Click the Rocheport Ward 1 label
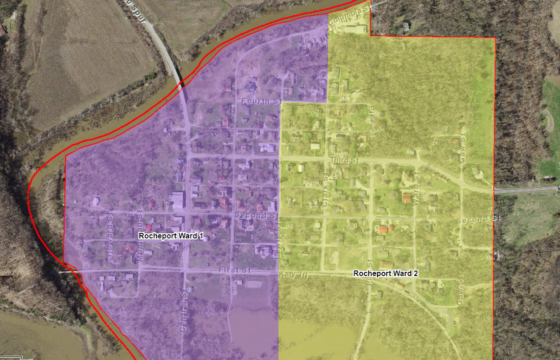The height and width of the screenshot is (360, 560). pos(171,236)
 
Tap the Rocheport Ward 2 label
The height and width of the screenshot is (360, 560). pos(386,274)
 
